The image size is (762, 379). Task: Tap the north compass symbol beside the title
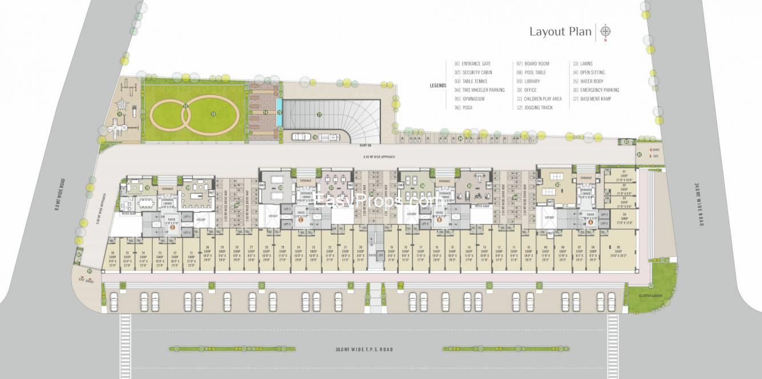606,31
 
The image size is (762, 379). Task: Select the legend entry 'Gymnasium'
473,99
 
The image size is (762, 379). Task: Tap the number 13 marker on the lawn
213,114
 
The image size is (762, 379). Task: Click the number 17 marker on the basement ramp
319,115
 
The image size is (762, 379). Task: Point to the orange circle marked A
590,223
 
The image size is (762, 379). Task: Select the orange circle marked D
172,227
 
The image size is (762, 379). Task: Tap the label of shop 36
113,257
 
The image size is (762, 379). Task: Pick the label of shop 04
625,220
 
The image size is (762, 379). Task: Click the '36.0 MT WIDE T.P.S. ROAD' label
364,349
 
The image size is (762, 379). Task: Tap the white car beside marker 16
299,136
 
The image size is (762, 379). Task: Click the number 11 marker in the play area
119,114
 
